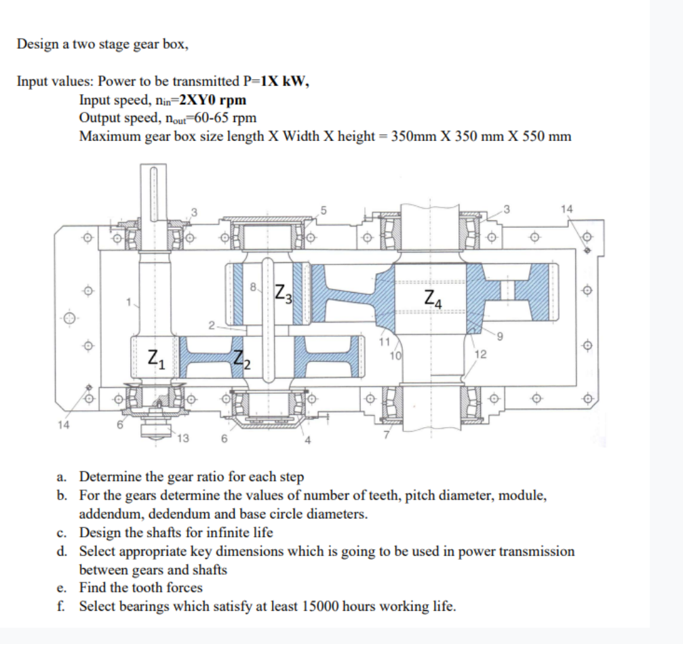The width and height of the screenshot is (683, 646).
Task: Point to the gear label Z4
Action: point(433,296)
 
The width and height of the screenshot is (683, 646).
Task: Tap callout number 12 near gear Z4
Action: point(480,354)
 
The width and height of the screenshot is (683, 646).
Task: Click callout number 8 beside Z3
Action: point(254,287)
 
